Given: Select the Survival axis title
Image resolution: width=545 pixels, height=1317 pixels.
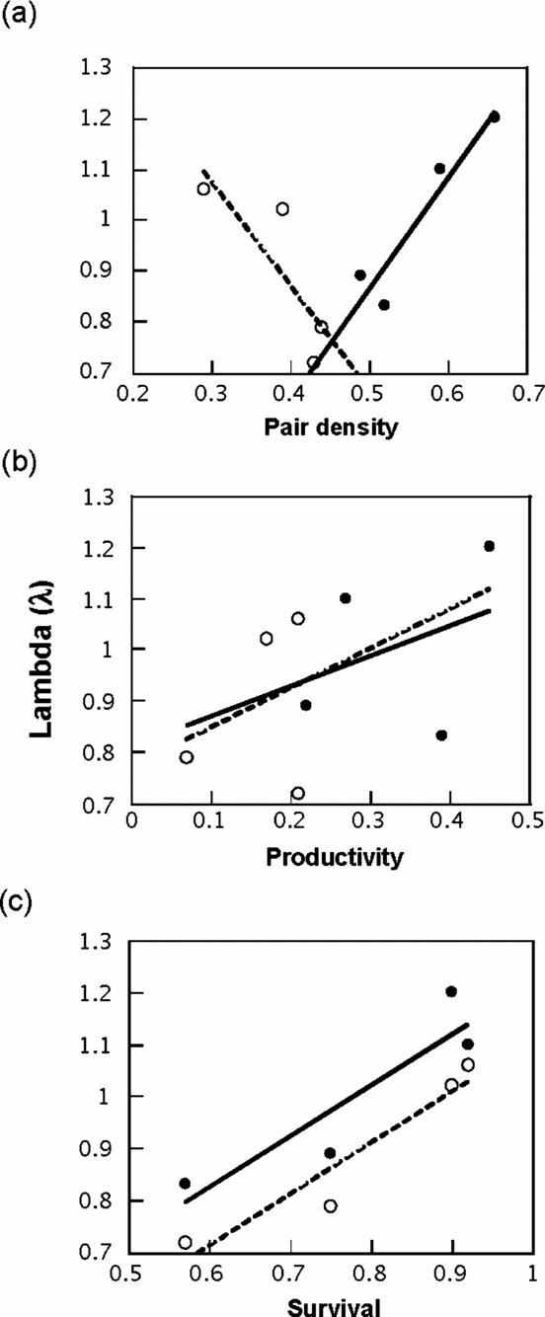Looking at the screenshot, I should pos(331,1304).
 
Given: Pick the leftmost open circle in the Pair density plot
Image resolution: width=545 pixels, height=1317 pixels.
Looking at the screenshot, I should pos(204,189).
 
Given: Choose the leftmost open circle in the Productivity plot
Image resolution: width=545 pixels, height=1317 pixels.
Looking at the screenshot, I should pos(187,757).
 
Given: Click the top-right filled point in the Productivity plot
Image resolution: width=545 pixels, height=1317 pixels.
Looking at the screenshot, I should pos(489,546).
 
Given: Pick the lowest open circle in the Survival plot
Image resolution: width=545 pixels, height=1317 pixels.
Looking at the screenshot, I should pos(185,1242).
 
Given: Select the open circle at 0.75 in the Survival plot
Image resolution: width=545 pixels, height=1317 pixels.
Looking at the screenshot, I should pos(331,1205).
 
